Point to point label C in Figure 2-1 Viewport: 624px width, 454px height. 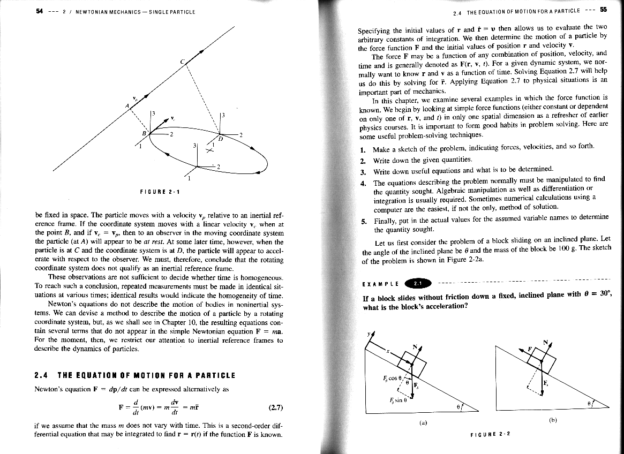pos(182,62)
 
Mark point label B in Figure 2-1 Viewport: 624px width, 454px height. pos(144,132)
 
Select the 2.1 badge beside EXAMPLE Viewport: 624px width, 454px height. pos(418,283)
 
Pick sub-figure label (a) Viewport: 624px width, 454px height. pos(423,422)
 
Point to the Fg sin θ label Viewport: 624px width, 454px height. pos(397,400)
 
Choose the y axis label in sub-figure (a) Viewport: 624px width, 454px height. pos(368,333)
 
